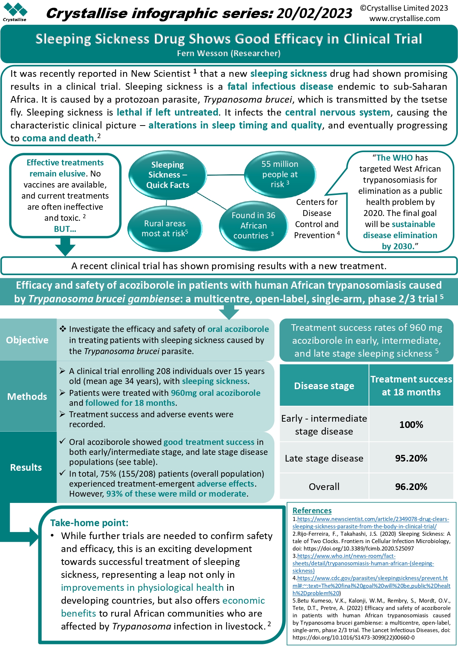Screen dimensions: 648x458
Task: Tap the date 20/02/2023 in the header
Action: [x=314, y=13]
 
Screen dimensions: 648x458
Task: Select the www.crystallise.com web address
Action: [x=404, y=18]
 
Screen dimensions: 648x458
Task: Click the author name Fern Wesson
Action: [x=202, y=53]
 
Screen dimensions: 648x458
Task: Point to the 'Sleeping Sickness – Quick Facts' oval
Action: [x=167, y=175]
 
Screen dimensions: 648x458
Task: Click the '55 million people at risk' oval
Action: [x=280, y=174]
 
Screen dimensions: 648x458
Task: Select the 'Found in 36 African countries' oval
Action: [x=253, y=225]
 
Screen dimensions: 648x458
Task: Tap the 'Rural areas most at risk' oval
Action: [x=165, y=228]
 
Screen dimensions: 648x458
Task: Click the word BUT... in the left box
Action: [x=65, y=229]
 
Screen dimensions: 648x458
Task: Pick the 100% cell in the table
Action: [x=411, y=424]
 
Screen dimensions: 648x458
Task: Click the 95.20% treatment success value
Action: [x=411, y=458]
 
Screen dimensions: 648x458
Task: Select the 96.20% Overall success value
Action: [x=411, y=487]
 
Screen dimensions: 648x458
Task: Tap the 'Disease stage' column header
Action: [x=324, y=386]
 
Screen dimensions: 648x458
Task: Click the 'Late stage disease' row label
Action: [x=324, y=458]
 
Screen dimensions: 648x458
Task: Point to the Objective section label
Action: [x=27, y=340]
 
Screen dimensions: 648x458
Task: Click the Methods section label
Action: [x=27, y=397]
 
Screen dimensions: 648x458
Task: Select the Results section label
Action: [x=26, y=467]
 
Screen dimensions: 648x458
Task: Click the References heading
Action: [x=312, y=511]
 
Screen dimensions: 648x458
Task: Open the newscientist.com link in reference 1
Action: [x=370, y=522]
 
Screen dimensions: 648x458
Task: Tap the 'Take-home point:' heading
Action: [x=89, y=523]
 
